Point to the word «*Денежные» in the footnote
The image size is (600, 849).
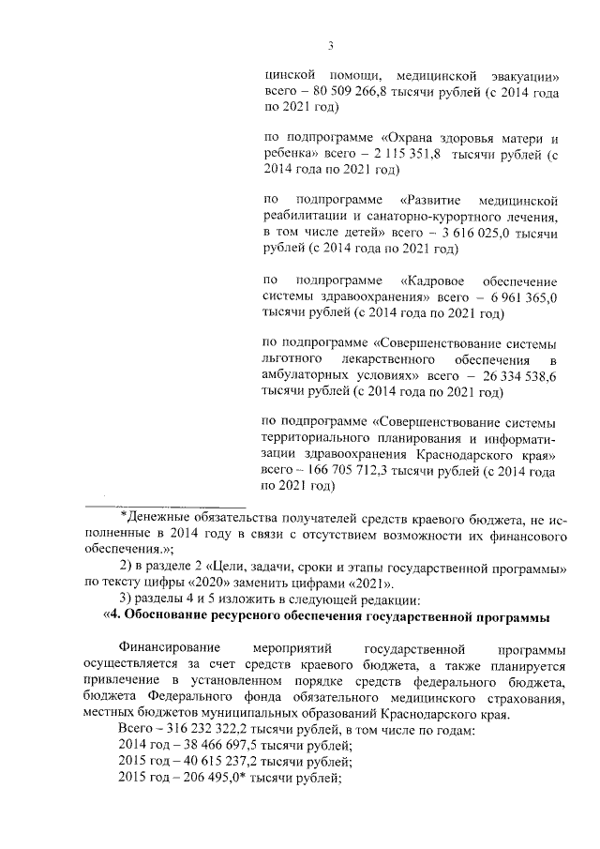156,518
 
